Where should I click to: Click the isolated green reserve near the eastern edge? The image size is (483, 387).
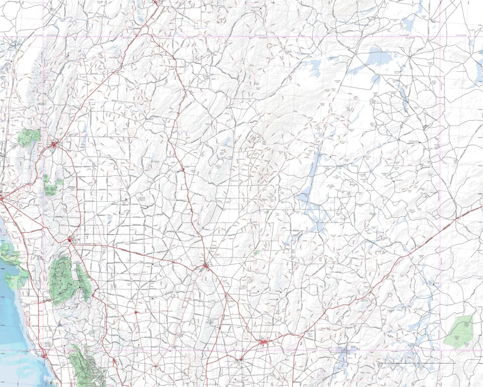(459, 331)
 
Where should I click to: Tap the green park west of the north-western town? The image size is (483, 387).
(29, 137)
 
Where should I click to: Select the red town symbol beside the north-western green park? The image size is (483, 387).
(54, 145)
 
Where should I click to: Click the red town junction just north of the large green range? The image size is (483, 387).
(69, 240)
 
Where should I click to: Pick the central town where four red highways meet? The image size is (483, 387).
(206, 266)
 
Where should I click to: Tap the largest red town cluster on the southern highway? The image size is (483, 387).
(263, 342)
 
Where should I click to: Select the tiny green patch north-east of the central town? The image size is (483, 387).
(257, 253)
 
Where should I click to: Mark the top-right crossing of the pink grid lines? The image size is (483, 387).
(440, 36)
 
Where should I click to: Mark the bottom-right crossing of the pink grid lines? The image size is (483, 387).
(440, 351)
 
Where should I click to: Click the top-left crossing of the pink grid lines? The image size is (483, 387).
(43, 36)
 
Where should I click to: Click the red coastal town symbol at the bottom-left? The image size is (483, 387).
(45, 355)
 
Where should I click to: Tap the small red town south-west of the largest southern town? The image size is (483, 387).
(241, 359)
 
